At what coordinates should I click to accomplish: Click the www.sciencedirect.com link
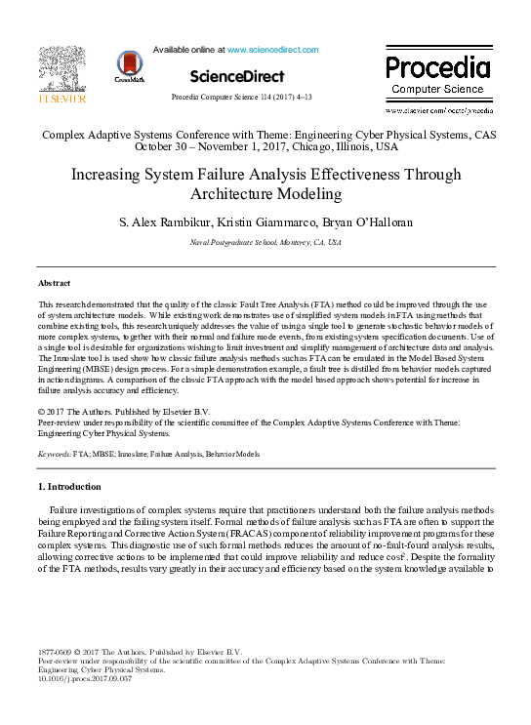click(272, 49)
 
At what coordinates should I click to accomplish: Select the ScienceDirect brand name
click(237, 76)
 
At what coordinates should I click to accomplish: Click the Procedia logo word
click(437, 66)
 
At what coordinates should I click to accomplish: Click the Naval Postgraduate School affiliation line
click(265, 242)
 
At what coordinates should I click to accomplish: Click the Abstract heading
click(54, 282)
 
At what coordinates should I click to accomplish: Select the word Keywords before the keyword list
click(56, 455)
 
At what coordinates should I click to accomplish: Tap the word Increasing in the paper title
click(107, 174)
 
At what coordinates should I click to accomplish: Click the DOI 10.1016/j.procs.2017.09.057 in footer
click(84, 678)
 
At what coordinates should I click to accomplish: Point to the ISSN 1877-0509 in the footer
click(57, 651)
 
